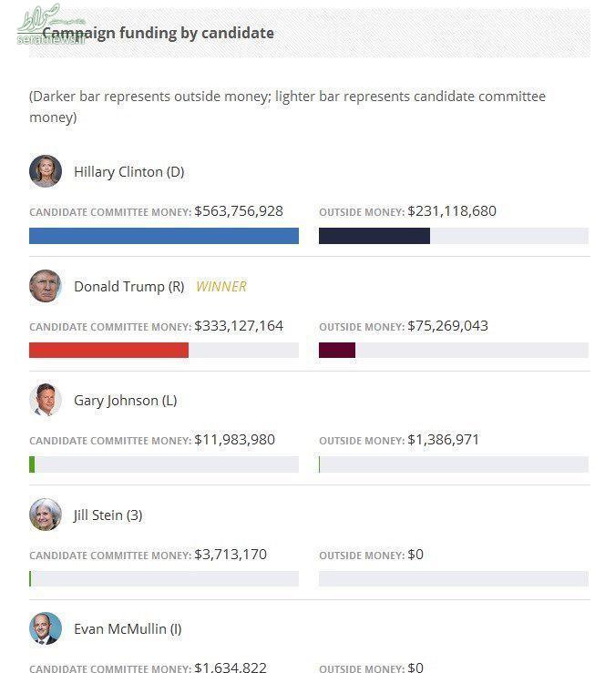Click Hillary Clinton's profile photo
pos(45,171)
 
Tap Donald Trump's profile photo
pos(45,286)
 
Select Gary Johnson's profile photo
pos(45,401)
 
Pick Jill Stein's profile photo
pos(45,515)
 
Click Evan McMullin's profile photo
pos(45,628)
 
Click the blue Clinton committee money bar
pos(164,236)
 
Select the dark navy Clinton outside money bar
pos(374,236)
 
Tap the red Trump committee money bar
pos(108,350)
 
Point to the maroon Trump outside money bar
pos(336,350)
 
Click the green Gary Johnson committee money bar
pos(32,464)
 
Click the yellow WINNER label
pos(221,286)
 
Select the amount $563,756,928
pos(239,211)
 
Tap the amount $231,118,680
pos(452,211)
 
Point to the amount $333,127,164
pos(239,325)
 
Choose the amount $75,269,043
pos(447,325)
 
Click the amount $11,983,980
pos(234,440)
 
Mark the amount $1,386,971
pos(443,440)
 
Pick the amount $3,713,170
pos(231,554)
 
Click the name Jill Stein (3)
pos(108,515)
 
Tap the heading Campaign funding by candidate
pos(158,33)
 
